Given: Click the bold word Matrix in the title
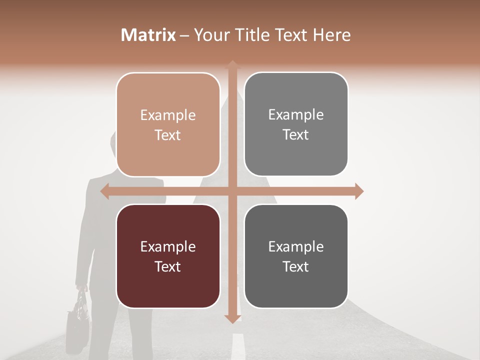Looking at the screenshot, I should coord(148,35).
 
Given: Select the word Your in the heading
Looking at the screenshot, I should coord(210,35).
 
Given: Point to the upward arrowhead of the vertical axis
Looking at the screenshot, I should coord(232,65).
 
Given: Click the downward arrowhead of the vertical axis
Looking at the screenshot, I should coord(232,318).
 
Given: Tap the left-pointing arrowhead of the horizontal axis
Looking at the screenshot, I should coord(105,191).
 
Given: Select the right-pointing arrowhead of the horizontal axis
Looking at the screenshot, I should coord(358,191).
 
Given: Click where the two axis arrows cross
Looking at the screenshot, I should coord(232,191).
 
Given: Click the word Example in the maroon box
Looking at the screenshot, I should coord(168,246).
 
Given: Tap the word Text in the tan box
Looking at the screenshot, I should coord(168,135).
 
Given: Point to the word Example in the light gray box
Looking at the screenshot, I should coord(296,114).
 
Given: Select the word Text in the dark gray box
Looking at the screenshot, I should coord(296,266).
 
